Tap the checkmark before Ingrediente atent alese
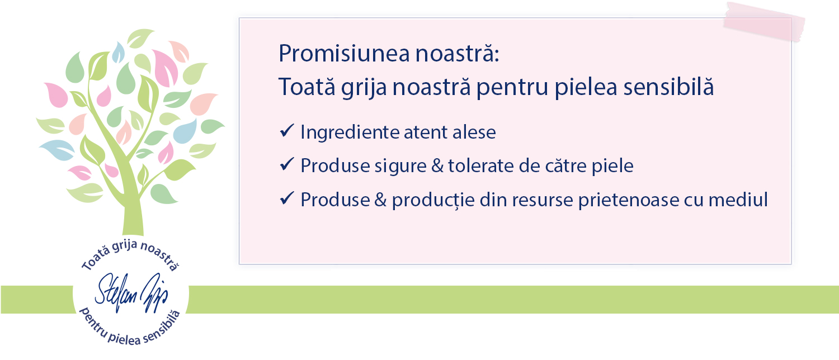(x=287, y=131)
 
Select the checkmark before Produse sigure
(x=287, y=164)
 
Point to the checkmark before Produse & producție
(x=287, y=198)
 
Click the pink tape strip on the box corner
(x=764, y=22)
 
